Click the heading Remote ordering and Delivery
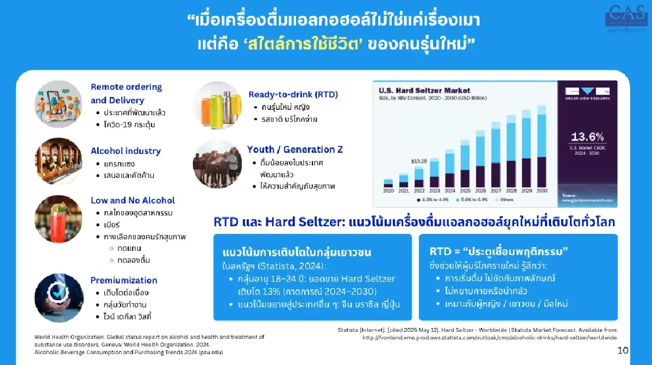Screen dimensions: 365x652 tap(126, 94)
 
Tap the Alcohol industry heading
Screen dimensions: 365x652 tap(126, 151)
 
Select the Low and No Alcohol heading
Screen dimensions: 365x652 tap(133, 200)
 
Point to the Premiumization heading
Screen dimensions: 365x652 tap(124, 280)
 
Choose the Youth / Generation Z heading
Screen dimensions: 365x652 tap(295, 149)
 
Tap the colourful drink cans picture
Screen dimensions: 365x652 tap(217, 106)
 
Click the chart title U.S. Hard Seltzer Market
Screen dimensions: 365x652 tap(417, 90)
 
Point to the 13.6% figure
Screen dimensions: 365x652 tap(587, 137)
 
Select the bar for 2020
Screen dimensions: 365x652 tap(388, 183)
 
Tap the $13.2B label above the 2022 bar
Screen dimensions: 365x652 tap(418, 161)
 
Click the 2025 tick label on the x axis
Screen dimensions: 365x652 tap(465, 191)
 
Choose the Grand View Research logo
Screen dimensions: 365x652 tap(587, 96)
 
